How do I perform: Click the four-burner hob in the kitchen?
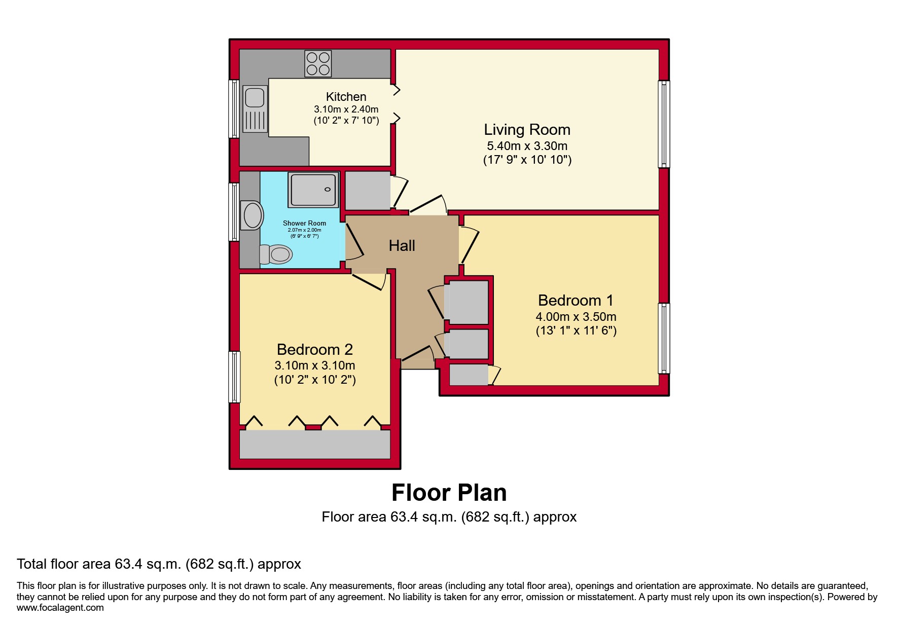(318, 63)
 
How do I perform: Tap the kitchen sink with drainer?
(255, 109)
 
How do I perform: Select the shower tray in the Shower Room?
(313, 190)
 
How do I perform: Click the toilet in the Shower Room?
(276, 254)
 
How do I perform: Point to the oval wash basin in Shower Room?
(253, 215)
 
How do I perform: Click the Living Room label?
(527, 130)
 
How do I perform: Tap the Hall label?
(402, 246)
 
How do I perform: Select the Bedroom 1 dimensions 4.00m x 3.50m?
(576, 317)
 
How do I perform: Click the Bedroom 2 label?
(314, 349)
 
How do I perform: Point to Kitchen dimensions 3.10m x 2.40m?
(346, 109)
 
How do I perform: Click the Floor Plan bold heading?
(449, 493)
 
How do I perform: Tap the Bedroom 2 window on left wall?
(234, 377)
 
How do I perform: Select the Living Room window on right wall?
(664, 124)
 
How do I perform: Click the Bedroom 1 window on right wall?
(664, 338)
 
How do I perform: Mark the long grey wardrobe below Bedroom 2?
(314, 445)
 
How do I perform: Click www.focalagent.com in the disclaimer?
(60, 608)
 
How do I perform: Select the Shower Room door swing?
(354, 242)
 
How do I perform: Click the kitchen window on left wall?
(234, 109)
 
